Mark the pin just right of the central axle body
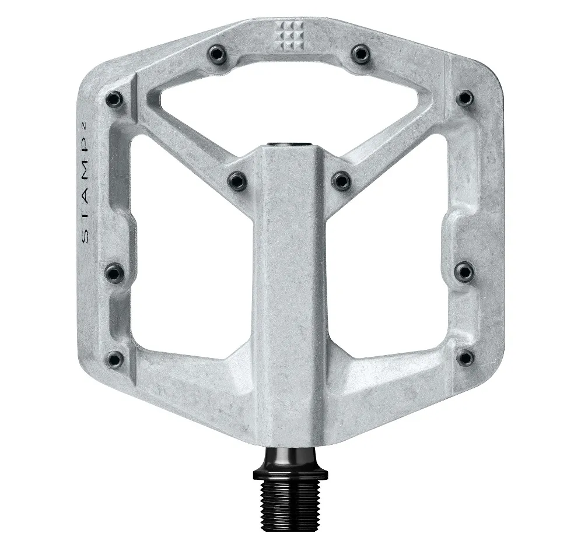coord(341,180)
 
